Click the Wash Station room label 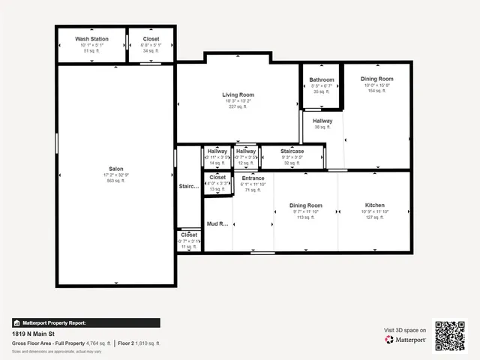point(92,39)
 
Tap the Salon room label point(116,168)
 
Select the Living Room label point(238,95)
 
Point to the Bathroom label point(322,79)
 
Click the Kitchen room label point(375,205)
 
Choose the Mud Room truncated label point(217,223)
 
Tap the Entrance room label point(253,178)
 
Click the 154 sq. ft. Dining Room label point(377,79)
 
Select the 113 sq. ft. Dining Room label point(306,205)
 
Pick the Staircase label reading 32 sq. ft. point(292,151)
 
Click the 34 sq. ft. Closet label point(151,39)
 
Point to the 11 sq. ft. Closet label point(189,235)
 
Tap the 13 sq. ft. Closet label point(217,178)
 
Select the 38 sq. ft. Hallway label point(322,121)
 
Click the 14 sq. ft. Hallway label point(217,151)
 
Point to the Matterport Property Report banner point(85,323)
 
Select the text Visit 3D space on point(405,330)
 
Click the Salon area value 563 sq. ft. point(116,181)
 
